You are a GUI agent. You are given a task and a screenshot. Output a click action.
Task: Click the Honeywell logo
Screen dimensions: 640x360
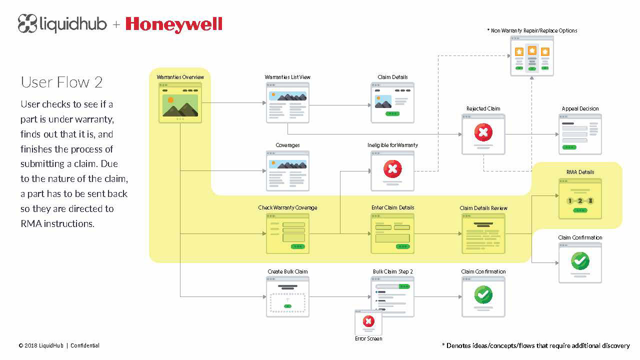pos(173,25)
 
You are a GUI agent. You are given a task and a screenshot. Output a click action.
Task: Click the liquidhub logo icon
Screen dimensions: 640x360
pos(27,23)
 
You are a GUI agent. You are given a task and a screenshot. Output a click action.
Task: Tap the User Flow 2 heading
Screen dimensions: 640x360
pos(61,82)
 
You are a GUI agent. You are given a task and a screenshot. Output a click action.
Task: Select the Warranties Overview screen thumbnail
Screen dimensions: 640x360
pos(180,103)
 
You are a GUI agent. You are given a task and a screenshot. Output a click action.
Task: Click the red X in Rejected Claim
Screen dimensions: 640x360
pos(483,132)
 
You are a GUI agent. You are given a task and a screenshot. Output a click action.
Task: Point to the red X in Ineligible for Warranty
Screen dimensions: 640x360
pos(392,169)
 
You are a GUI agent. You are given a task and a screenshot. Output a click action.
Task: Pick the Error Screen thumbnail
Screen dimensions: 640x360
pos(368,322)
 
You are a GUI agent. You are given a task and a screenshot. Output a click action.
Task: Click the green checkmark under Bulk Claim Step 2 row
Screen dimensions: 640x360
pos(483,294)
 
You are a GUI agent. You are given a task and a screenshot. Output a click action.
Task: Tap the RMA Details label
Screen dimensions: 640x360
pos(580,172)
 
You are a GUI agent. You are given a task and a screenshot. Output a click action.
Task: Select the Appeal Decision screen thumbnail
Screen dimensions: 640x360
pos(580,134)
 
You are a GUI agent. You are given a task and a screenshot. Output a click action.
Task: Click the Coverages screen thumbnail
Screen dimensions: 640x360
pos(287,171)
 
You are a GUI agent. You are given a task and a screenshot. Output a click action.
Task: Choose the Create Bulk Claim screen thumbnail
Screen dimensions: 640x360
pos(287,297)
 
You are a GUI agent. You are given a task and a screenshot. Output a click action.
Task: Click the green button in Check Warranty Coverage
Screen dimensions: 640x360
pos(297,246)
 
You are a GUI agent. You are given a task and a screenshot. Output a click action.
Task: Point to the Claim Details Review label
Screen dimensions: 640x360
pos(483,208)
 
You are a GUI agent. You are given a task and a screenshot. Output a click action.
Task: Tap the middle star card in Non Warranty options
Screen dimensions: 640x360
pos(531,58)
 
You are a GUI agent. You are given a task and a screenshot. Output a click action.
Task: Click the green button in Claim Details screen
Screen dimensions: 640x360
pos(392,113)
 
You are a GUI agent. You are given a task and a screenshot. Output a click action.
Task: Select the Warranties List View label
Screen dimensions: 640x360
pos(287,77)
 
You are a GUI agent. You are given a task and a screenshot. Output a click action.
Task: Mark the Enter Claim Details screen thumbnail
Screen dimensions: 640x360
pos(392,233)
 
